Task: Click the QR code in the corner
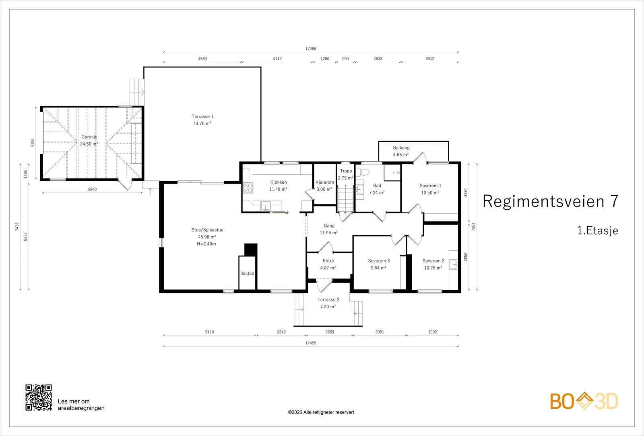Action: point(39,397)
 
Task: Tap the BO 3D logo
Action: point(584,401)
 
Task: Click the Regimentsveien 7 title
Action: point(550,201)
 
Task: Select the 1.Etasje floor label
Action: point(597,231)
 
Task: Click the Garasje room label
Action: point(89,137)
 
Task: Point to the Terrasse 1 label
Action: point(202,116)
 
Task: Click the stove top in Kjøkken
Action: point(248,188)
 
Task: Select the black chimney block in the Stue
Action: point(251,250)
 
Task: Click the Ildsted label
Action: point(247,274)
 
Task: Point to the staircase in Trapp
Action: point(345,199)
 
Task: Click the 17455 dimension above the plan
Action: point(310,49)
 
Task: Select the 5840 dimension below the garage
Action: point(92,189)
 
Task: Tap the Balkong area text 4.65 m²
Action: point(401,155)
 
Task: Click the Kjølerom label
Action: point(324,182)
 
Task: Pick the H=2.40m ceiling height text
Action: point(206,244)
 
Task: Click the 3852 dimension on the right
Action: point(465,257)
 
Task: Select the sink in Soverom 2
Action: point(453,264)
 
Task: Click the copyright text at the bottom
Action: point(321,412)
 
